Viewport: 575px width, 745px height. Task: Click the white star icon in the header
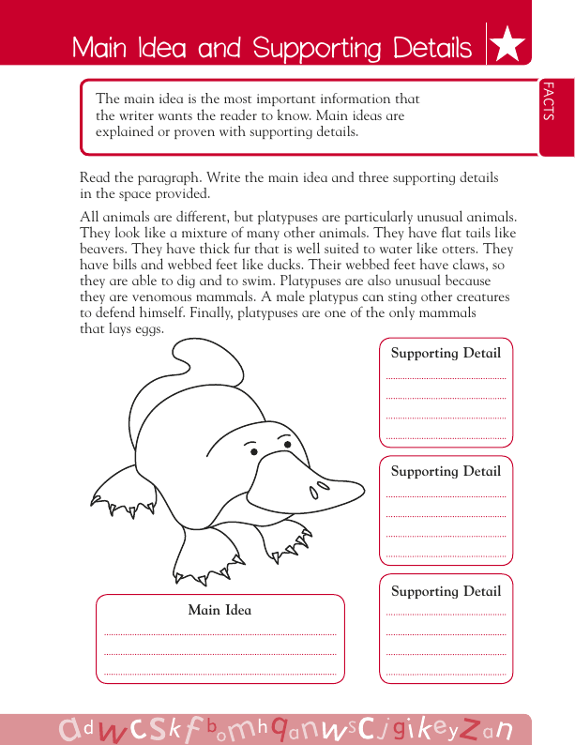[507, 45]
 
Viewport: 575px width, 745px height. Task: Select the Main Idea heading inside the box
[219, 610]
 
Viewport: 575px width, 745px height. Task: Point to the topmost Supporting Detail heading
[446, 354]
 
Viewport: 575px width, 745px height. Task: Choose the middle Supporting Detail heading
[446, 471]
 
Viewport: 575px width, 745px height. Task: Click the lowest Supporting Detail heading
[446, 591]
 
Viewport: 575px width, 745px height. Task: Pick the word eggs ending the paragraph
[148, 330]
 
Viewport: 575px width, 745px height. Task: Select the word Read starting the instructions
[95, 178]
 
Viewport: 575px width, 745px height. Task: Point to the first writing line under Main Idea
[219, 634]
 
